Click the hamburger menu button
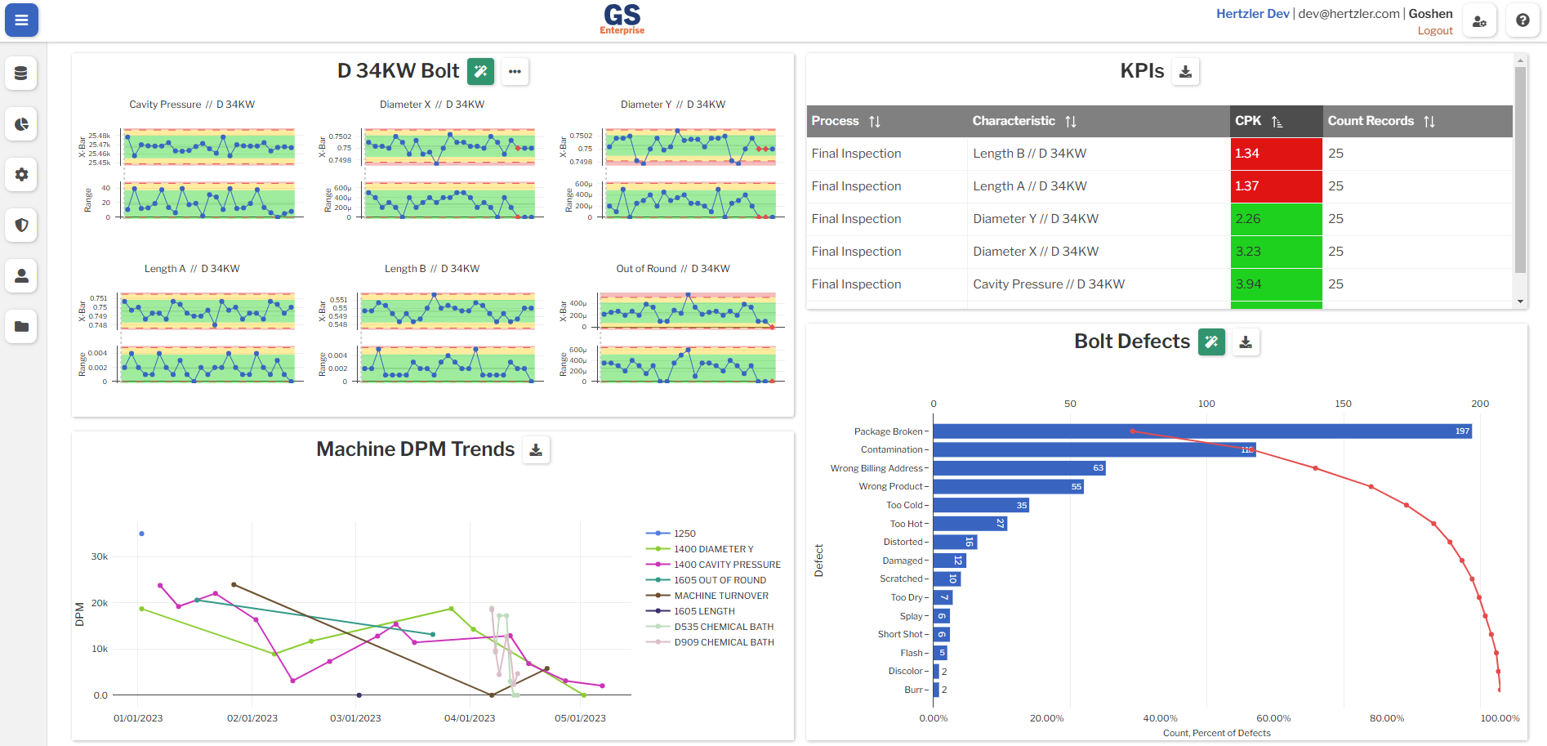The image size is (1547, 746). tap(21, 20)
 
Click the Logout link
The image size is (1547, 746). tap(1434, 31)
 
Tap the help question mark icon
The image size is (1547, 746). tap(1522, 20)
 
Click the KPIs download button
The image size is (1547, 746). tap(1185, 72)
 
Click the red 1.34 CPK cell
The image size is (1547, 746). tap(1275, 154)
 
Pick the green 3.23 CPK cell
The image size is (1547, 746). tap(1275, 252)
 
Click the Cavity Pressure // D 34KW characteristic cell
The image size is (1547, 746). tap(1049, 284)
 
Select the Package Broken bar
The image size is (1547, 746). tap(1201, 431)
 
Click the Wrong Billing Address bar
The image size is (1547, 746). tap(1018, 468)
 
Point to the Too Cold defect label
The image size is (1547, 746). tap(904, 505)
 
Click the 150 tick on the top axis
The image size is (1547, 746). tap(1343, 404)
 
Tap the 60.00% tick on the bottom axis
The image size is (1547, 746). tap(1273, 718)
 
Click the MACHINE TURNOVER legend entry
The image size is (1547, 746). tap(720, 596)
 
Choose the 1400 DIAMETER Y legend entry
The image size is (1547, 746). tap(713, 549)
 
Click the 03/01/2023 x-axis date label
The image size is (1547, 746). tap(355, 718)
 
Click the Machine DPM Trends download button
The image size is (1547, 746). tap(536, 449)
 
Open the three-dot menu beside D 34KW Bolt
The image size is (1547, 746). tap(515, 72)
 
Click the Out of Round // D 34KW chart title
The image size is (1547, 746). tap(672, 269)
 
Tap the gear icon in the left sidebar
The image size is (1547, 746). tap(21, 174)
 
